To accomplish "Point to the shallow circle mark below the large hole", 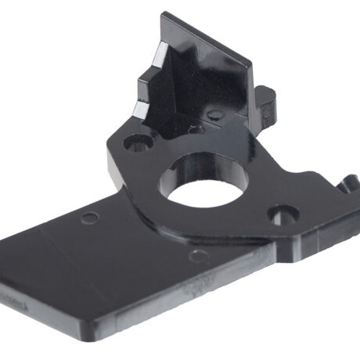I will pyautogui.click(x=201, y=255).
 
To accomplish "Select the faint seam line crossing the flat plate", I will pyautogui.click(x=59, y=250).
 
